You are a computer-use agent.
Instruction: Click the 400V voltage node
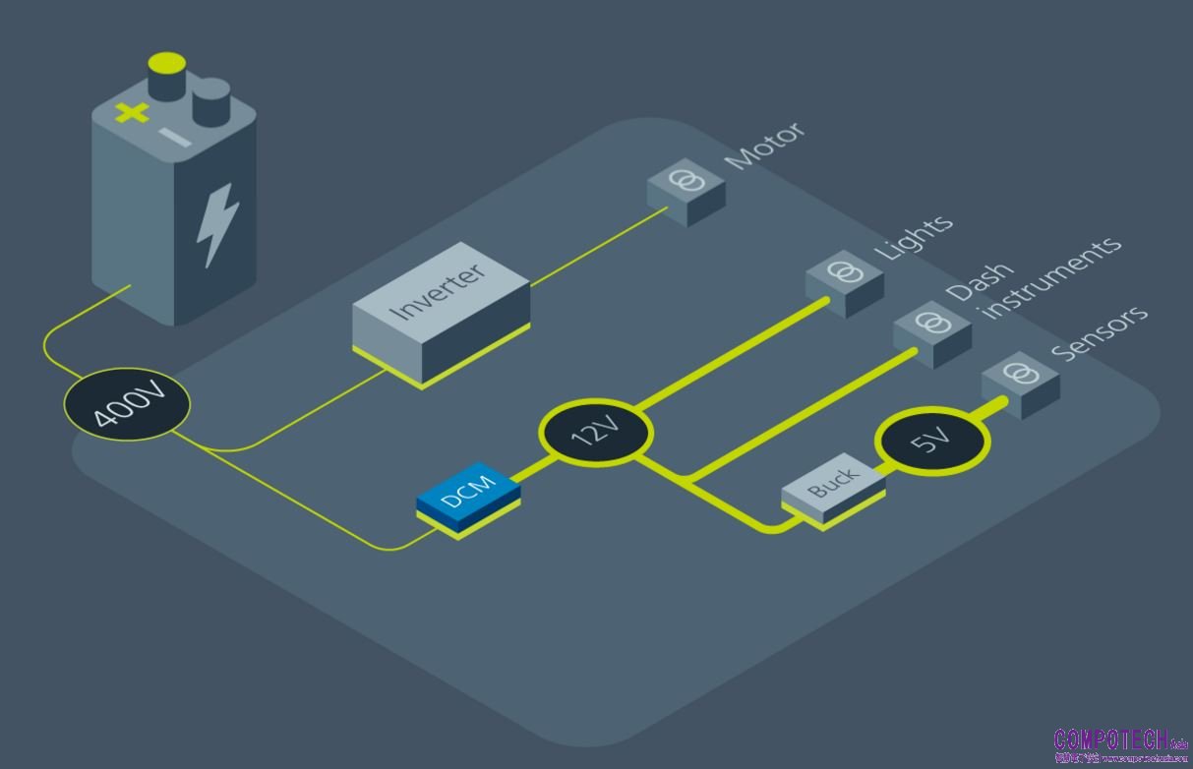pos(127,403)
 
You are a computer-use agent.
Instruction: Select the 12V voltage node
pos(596,431)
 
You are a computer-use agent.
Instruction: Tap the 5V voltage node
pos(931,442)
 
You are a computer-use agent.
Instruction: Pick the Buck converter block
pos(833,487)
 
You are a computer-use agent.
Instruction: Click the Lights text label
pos(914,236)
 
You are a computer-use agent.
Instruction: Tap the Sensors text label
pos(1099,331)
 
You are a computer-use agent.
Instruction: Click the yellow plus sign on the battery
pos(132,112)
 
